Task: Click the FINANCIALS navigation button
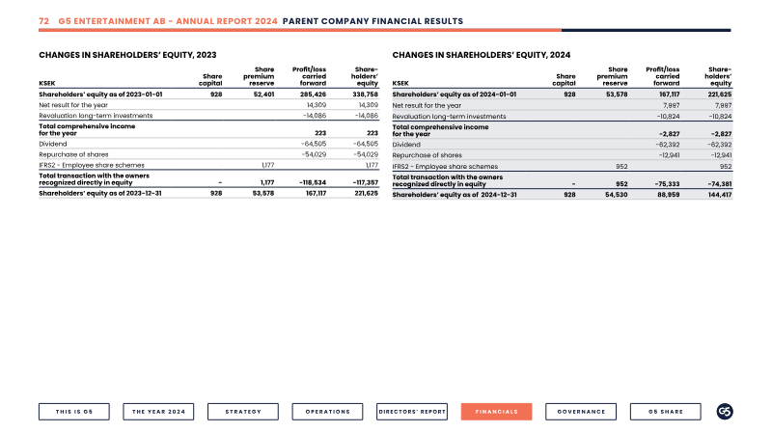coord(496,412)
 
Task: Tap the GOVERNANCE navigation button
coord(581,412)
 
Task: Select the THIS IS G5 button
coord(74,412)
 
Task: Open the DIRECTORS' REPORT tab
coord(412,412)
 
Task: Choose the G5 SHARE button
coord(666,412)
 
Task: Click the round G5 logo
coord(725,412)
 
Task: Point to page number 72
coord(43,21)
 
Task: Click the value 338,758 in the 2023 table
coord(366,94)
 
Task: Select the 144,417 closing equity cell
coord(719,195)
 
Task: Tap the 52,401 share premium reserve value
coord(263,94)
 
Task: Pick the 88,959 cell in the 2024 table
coord(669,195)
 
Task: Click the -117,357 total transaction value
coord(366,182)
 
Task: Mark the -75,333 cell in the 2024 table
coord(667,184)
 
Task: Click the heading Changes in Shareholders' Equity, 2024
coord(482,55)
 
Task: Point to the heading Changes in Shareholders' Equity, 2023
coord(127,55)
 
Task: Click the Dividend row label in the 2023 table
coord(53,144)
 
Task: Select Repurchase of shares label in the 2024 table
coord(427,155)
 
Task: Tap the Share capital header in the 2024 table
coord(565,80)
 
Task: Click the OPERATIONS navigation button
coord(327,412)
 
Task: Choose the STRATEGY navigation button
coord(243,412)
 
